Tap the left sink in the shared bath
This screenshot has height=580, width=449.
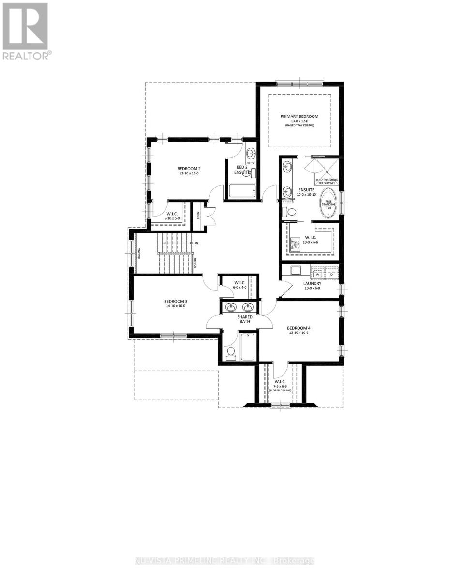pos(231,306)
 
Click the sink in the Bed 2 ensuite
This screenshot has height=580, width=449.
pos(251,154)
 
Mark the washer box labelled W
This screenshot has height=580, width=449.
pos(318,274)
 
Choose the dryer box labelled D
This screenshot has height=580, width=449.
pos(331,274)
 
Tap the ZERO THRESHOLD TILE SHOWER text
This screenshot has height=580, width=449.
pos(327,181)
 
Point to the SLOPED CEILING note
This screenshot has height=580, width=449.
pos(281,390)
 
